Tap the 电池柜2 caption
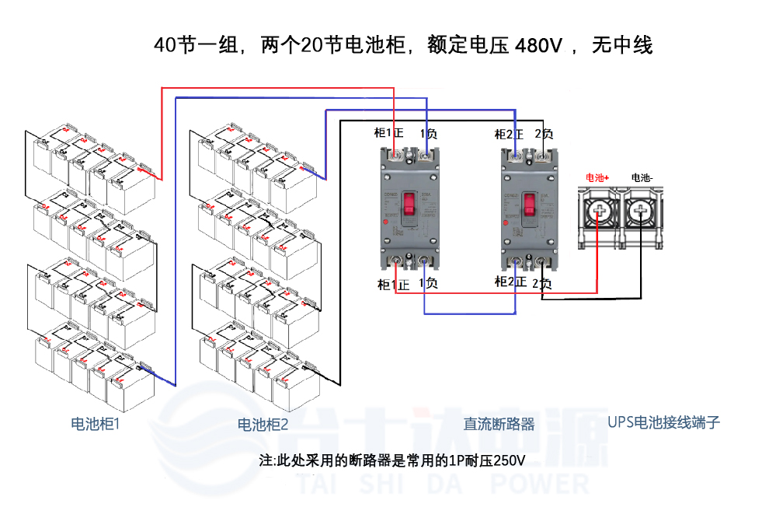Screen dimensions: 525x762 [x=263, y=425]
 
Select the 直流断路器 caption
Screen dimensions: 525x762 [x=499, y=424]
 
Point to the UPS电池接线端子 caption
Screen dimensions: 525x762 [x=663, y=422]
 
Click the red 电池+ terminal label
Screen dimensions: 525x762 [x=597, y=178]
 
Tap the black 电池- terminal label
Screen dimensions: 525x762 [x=642, y=178]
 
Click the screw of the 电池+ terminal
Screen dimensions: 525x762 [x=598, y=210]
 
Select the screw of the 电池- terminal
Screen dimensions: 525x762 [x=642, y=210]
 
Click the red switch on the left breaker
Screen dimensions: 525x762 [x=405, y=206]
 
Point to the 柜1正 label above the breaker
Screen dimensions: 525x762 [x=389, y=134]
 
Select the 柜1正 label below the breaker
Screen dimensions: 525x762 [x=393, y=284]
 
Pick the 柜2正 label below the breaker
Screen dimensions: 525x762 [x=511, y=282]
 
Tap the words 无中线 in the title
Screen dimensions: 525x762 [x=622, y=46]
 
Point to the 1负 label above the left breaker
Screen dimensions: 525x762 [x=427, y=134]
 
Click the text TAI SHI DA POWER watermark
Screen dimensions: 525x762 [x=443, y=485]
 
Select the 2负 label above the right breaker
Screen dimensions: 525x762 [x=544, y=135]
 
